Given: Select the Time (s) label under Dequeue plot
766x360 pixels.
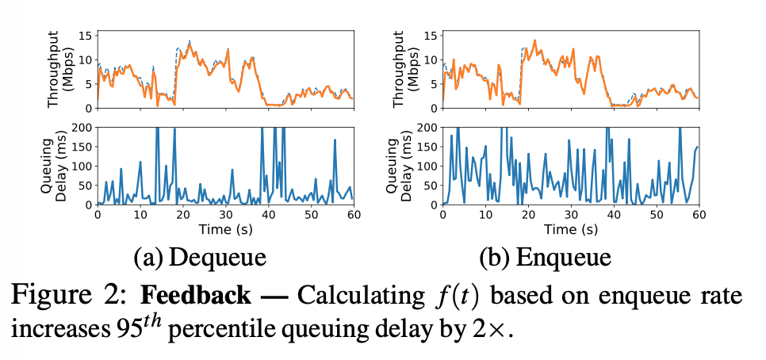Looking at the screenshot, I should tap(224, 230).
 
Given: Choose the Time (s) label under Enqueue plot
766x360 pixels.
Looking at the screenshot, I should tap(570, 230).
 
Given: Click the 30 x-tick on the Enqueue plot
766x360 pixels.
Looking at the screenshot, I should tap(570, 215).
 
